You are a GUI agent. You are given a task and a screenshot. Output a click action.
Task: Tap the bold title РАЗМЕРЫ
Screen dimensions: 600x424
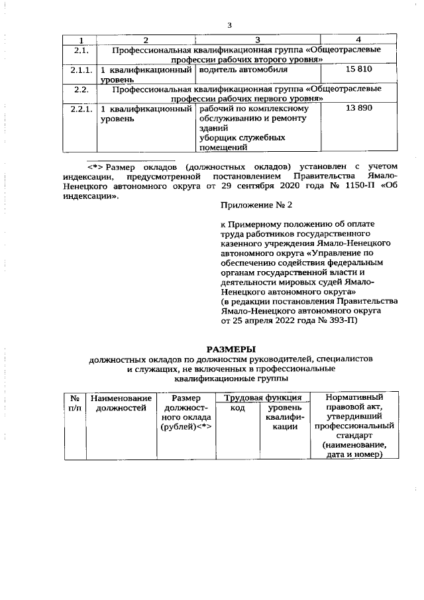pos(231,349)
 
